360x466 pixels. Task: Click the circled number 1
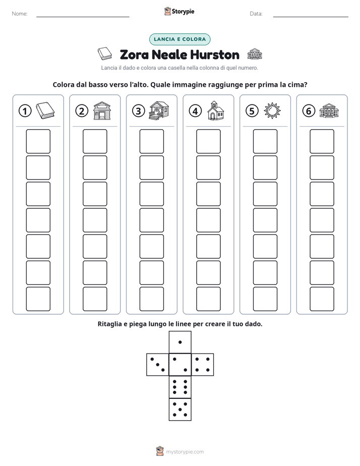click(25, 111)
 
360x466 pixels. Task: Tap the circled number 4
click(195, 111)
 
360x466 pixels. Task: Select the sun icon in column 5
click(272, 110)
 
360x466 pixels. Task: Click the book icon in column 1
click(45, 110)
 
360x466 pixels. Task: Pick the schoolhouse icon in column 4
click(216, 110)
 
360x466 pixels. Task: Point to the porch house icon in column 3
click(159, 110)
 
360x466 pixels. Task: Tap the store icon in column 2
click(102, 110)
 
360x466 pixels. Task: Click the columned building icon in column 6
click(329, 110)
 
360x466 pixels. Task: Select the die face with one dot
click(180, 342)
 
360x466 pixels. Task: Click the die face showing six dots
click(180, 387)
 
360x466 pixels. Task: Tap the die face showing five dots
click(180, 410)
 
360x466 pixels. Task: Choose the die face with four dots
click(203, 365)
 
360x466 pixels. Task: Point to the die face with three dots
click(158, 365)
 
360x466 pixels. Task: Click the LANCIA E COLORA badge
click(179, 39)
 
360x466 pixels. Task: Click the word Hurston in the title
click(214, 54)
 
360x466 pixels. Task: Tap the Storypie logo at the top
click(179, 11)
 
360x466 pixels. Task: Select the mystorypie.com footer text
click(185, 452)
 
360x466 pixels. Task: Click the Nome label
click(20, 14)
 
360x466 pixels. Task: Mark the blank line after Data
click(311, 17)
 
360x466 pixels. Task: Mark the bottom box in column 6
click(322, 299)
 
